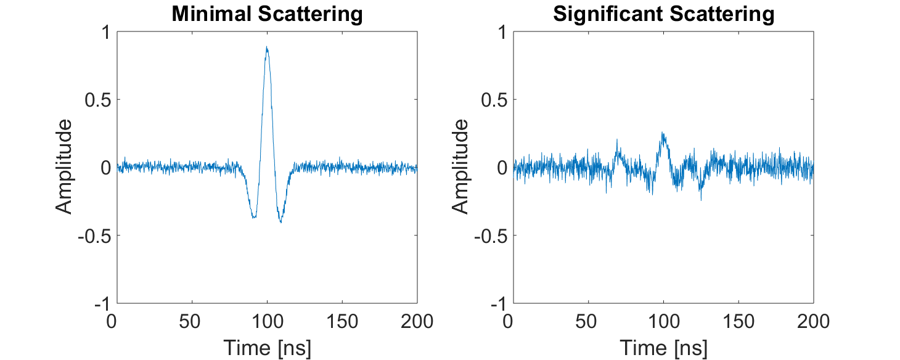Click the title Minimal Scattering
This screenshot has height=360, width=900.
pos(267,14)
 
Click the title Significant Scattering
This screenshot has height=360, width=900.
pos(663,14)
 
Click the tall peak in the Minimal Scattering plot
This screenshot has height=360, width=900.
pos(267,48)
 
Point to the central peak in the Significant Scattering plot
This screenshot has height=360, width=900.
pos(663,134)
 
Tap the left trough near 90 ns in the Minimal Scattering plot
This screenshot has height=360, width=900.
pos(253,216)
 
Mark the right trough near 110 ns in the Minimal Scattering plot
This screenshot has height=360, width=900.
pos(280,221)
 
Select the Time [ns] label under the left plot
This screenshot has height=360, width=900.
pos(267,348)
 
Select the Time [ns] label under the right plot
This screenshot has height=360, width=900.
pos(663,348)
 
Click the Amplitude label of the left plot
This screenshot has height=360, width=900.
pos(64,167)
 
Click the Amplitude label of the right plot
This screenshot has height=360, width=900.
pos(460,167)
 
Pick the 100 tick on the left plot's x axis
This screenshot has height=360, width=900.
pos(267,321)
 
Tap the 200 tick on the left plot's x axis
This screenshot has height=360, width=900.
pos(417,321)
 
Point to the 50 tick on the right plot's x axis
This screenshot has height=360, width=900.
pos(589,321)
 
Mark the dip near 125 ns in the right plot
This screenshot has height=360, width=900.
pos(701,196)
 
